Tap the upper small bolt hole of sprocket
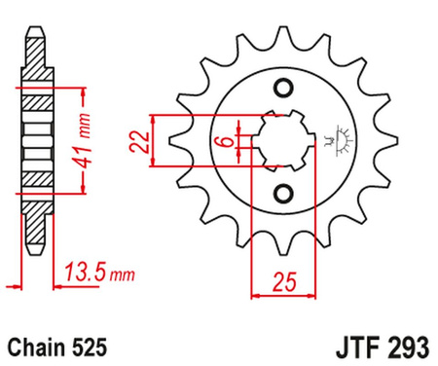pyautogui.click(x=284, y=91)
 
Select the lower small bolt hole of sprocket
pyautogui.click(x=284, y=193)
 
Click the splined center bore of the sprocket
pyautogui.click(x=284, y=142)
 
